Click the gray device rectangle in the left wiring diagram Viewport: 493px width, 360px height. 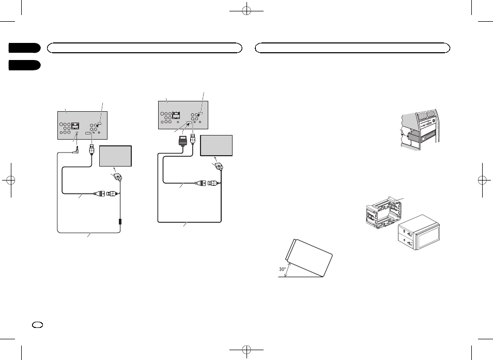116,155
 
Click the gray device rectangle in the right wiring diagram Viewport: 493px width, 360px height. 217,144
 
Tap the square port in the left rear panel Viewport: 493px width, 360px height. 75,125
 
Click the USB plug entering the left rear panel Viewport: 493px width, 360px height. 91,151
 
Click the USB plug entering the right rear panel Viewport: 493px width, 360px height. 192,140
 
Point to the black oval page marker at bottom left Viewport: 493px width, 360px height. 37,325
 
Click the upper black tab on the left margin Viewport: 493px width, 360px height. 24,48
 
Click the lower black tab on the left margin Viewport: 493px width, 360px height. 24,65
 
